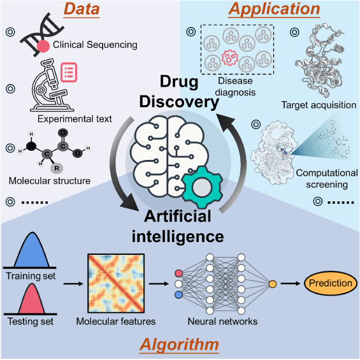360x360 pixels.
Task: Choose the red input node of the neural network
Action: click(x=178, y=273)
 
